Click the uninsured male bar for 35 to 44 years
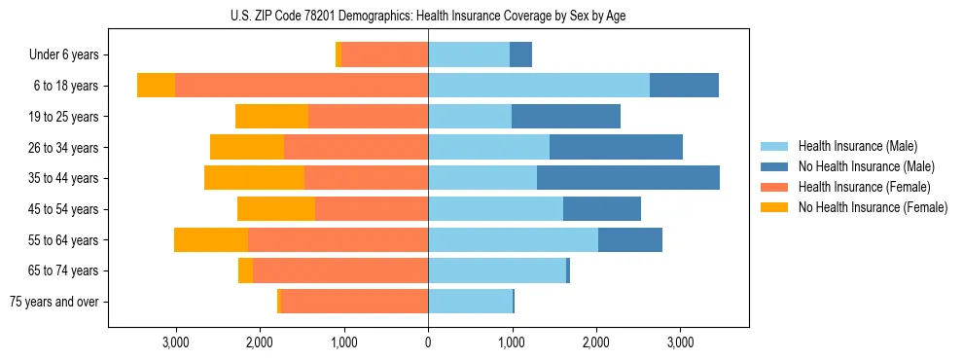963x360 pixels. (x=627, y=178)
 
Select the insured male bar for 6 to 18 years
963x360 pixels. (x=539, y=86)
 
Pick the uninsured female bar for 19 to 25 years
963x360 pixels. (x=271, y=117)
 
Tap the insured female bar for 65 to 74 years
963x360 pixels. (x=340, y=270)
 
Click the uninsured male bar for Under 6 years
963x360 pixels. (x=520, y=55)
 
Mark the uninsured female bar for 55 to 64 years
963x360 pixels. (x=211, y=239)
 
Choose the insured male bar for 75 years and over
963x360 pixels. (x=470, y=302)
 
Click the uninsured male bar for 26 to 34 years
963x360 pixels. (x=616, y=147)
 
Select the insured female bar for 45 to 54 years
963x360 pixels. (x=372, y=209)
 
